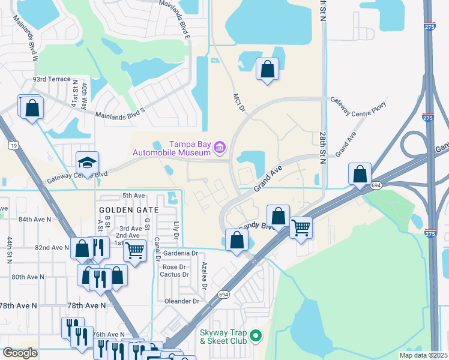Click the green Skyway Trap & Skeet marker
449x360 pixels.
[x=256, y=335]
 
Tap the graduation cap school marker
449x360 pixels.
[x=87, y=163]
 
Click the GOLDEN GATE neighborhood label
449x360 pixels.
[x=130, y=210]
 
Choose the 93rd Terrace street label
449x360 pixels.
[x=52, y=79]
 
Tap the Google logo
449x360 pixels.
[x=20, y=353]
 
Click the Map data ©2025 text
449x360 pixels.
[x=423, y=355]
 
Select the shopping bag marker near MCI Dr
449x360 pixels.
[x=267, y=69]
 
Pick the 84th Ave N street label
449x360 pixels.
[x=35, y=220]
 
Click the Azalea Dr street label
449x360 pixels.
[x=204, y=275]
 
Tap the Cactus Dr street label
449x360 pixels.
[x=175, y=275]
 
